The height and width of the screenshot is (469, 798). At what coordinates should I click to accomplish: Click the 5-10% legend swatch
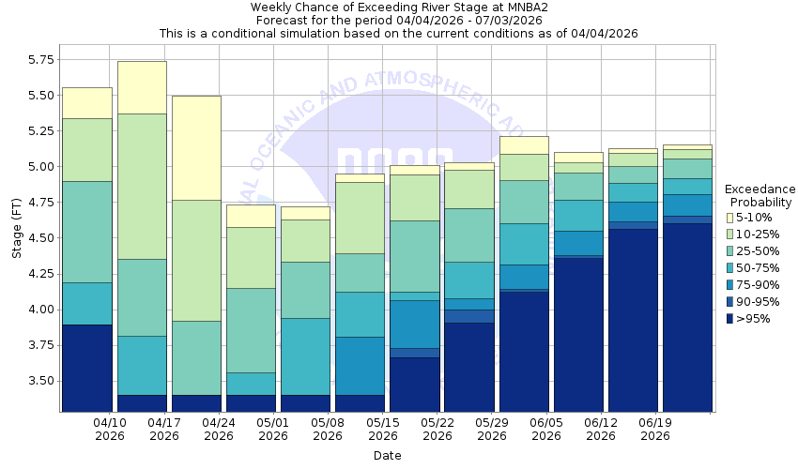pos(729,218)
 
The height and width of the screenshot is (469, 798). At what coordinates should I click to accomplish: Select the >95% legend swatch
pos(729,319)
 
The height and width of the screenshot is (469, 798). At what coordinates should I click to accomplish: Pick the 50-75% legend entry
pos(729,268)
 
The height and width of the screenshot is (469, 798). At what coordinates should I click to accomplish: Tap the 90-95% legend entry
pos(729,302)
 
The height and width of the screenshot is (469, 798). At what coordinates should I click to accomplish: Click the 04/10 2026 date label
pos(110,430)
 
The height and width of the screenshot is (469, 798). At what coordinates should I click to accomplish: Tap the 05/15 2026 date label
pos(382,430)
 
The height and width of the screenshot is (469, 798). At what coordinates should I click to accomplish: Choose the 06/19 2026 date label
pos(654,430)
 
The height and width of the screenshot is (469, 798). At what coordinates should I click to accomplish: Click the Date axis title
pos(387,456)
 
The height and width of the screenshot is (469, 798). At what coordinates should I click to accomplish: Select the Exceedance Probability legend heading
pos(760,195)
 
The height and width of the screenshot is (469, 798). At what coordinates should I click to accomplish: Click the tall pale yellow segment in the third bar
pos(196,147)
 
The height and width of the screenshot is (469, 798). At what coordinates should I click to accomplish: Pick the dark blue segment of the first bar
pos(87,368)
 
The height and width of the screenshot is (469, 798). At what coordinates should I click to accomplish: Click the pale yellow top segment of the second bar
pos(142,87)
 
